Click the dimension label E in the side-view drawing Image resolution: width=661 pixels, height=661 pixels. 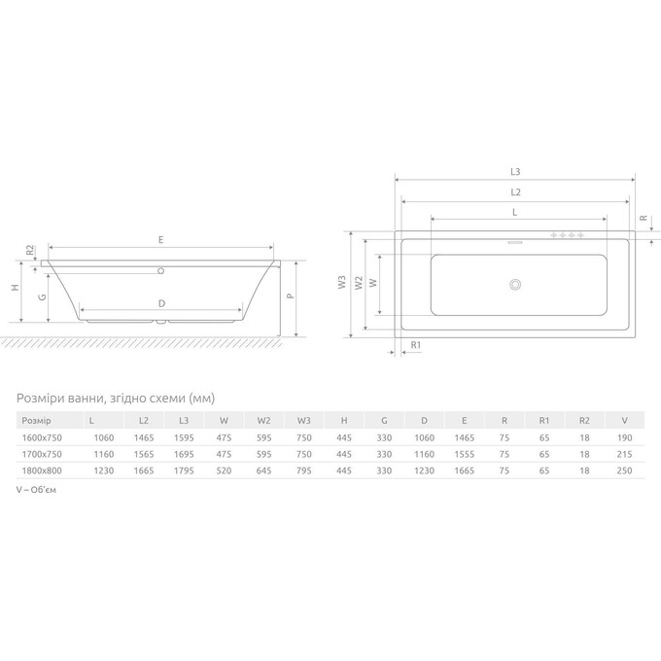click(161, 239)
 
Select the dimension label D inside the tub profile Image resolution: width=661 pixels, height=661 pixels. click(161, 303)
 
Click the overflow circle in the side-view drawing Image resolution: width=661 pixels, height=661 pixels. click(162, 269)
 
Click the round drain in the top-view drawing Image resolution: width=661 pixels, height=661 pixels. click(515, 285)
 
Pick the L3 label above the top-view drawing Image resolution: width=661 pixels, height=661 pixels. click(514, 172)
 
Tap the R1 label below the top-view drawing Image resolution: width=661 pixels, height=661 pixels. click(417, 346)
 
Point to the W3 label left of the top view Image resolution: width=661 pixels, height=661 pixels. click(341, 284)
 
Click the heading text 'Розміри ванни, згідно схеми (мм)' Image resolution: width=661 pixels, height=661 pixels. click(116, 399)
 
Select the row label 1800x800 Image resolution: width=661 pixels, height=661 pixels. click(43, 470)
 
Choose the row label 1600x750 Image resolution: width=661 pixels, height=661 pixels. click(43, 437)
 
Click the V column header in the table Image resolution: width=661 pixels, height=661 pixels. click(623, 420)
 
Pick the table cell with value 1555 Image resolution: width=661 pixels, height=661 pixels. click(464, 454)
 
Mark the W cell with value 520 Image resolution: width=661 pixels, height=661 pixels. click(224, 470)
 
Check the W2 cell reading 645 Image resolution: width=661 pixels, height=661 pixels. click(263, 470)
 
